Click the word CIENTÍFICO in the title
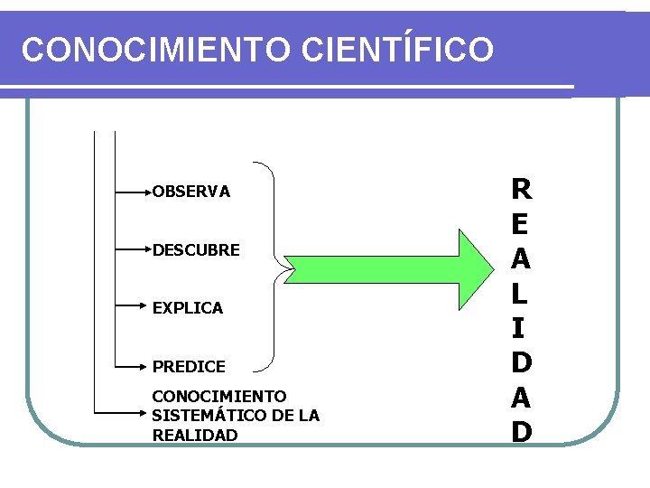tap(398, 50)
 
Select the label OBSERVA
tap(191, 192)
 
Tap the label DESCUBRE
tap(196, 249)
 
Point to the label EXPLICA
tap(188, 308)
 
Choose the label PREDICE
tap(189, 367)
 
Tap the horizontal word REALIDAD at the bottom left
tap(195, 435)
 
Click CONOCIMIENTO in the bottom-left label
tap(219, 397)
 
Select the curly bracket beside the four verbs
tap(272, 267)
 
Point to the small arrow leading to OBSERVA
tap(134, 192)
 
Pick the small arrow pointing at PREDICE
tap(134, 366)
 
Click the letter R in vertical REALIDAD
tap(521, 190)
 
